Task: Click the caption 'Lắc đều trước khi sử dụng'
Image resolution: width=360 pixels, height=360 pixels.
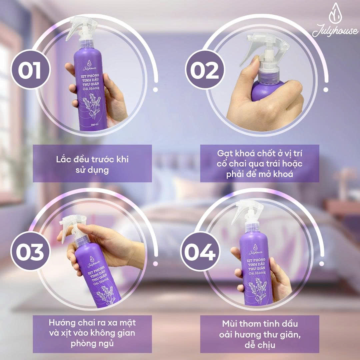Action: coord(92,163)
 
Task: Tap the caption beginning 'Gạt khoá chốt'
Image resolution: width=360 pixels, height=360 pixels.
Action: coord(260,163)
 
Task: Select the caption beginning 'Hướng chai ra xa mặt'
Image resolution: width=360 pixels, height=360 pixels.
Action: coord(92,333)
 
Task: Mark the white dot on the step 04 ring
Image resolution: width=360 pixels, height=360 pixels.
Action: coord(322,264)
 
